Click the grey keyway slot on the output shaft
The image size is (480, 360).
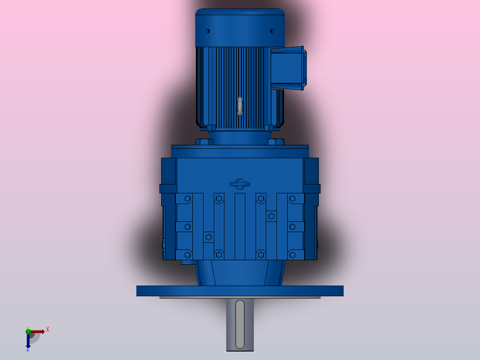(x=240, y=324)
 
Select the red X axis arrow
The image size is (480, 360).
(x=38, y=331)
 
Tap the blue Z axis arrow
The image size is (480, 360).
(x=28, y=341)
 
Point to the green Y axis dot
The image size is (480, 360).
(x=28, y=331)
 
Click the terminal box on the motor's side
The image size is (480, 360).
(x=288, y=68)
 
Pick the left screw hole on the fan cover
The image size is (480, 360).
(x=207, y=31)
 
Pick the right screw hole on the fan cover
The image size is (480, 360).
(x=272, y=31)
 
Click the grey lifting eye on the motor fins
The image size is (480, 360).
(x=240, y=106)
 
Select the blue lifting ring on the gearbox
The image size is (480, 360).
(x=240, y=184)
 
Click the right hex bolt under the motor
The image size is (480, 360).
(x=276, y=142)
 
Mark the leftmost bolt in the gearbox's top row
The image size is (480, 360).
(x=187, y=199)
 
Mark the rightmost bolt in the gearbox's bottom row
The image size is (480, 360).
(x=292, y=255)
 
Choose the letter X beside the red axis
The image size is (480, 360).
(x=48, y=330)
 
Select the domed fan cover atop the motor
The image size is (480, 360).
(x=240, y=27)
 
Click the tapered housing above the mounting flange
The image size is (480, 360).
(x=240, y=273)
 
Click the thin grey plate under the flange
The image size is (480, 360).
(x=240, y=297)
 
